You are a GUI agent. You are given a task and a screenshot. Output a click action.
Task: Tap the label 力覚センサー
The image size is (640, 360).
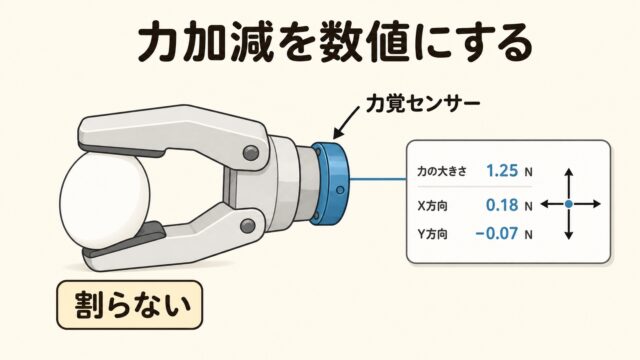(x=422, y=104)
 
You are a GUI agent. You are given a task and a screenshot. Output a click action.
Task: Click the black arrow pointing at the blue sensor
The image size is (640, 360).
(x=347, y=122)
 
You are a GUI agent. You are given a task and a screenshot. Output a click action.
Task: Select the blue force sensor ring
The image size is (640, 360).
(x=330, y=183)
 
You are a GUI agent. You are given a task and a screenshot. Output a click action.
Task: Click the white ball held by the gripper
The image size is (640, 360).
(x=105, y=202)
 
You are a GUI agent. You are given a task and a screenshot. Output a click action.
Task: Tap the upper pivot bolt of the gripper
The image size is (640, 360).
(x=251, y=153)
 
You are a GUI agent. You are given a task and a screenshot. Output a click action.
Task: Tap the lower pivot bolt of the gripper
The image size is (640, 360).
(x=248, y=226)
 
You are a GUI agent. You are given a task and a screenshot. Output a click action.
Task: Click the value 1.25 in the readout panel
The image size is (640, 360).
(x=502, y=171)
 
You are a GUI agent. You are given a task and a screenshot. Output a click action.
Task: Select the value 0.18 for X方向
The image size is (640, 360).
(x=502, y=205)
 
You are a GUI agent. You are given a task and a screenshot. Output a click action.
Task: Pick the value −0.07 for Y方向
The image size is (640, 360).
(x=497, y=234)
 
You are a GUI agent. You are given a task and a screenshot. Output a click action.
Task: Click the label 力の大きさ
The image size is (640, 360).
(x=442, y=171)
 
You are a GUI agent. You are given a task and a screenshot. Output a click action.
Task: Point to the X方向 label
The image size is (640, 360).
(x=432, y=206)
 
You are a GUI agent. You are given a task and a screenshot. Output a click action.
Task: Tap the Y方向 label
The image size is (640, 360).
(x=432, y=235)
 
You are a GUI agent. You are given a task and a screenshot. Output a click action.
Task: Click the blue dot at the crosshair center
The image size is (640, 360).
(x=569, y=204)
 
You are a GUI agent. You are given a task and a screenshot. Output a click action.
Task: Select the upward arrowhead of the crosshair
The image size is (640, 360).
(x=569, y=172)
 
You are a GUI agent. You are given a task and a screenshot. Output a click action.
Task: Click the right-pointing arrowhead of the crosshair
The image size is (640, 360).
(x=596, y=204)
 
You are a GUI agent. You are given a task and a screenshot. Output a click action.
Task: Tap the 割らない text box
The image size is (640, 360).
(x=129, y=305)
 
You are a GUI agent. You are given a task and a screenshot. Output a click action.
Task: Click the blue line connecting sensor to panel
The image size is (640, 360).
(x=378, y=179)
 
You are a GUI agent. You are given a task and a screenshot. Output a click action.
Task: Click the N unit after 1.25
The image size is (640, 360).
(x=528, y=172)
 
